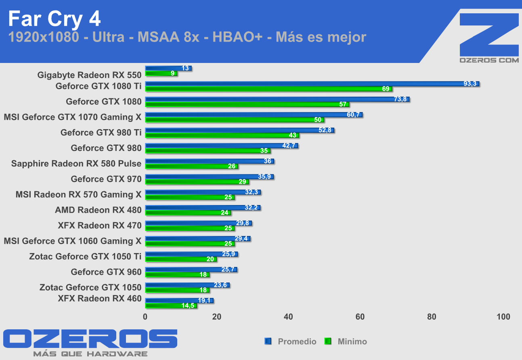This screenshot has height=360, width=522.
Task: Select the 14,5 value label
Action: [188, 306]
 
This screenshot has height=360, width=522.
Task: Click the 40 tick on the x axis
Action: [289, 317]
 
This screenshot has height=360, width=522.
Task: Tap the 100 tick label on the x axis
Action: [503, 317]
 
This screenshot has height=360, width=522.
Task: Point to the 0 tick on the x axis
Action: [145, 317]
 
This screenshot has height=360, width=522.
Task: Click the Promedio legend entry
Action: [297, 341]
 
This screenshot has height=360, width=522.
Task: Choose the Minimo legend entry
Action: [352, 341]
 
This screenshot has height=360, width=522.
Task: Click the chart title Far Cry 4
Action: [55, 19]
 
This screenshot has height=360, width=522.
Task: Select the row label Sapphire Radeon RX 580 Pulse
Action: [76, 163]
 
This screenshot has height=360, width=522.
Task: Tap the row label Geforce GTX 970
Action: [106, 179]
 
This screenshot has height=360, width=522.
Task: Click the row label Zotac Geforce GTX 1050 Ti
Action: [85, 256]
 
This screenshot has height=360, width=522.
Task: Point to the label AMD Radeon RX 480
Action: [98, 210]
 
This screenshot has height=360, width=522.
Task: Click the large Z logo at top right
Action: [489, 35]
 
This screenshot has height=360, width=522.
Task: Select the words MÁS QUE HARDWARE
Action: [90, 354]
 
